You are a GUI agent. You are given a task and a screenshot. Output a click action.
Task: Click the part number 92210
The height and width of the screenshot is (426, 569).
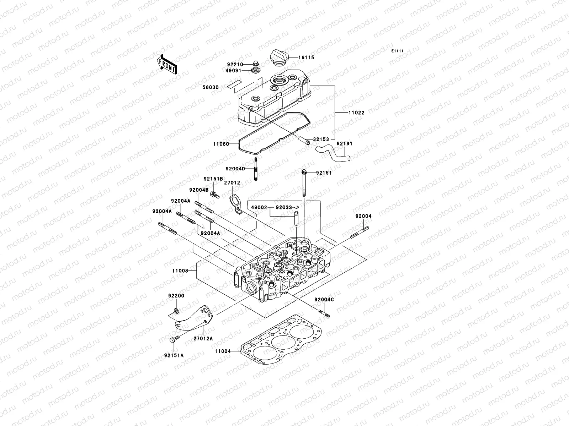244,65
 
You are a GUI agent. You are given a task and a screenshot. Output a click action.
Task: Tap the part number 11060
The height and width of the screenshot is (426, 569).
229,144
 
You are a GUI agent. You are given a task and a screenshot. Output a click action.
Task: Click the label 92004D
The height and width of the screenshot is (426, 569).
235,169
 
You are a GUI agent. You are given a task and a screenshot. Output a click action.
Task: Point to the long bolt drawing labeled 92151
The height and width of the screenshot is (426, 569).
304,183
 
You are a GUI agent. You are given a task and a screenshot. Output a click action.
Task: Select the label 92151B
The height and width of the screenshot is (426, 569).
213,179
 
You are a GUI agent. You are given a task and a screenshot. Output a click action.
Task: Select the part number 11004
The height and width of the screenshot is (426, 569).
223,351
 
